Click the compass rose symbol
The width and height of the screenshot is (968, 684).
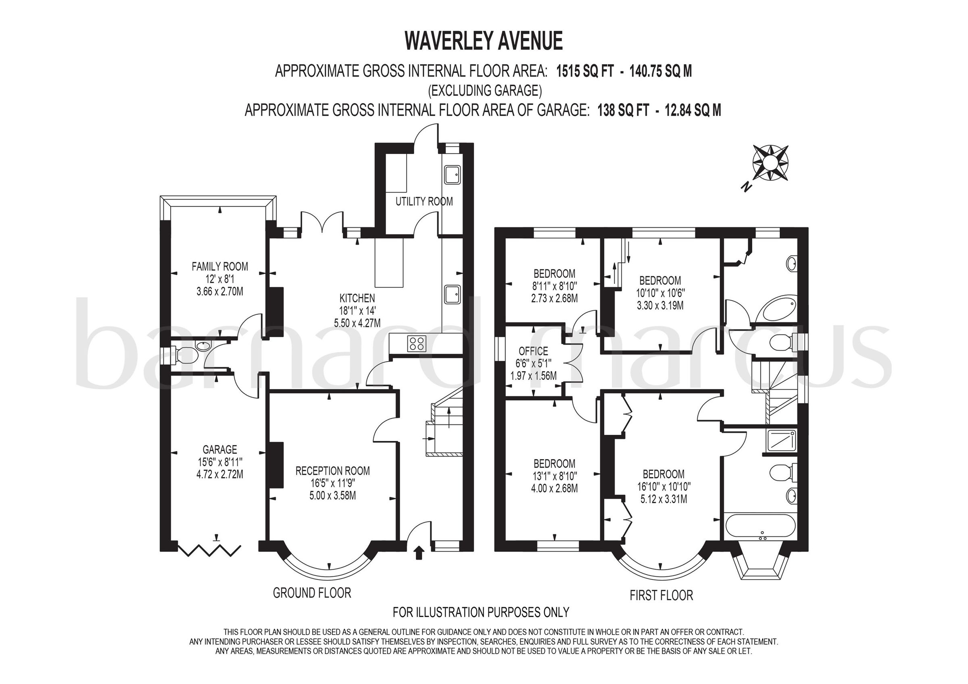pos(770,162)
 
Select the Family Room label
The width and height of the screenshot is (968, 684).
pos(220,266)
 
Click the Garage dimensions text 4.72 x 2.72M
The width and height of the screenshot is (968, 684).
pos(220,474)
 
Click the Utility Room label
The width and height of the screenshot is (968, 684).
pos(424,202)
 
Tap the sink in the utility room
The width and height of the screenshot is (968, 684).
pos(452,175)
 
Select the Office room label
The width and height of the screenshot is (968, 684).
pos(533,351)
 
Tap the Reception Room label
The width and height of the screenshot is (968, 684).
pos(332,471)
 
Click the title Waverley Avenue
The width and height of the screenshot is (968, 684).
pos(484,41)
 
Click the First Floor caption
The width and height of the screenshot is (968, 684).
pos(661,595)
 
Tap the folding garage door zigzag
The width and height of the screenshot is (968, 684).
pos(209,550)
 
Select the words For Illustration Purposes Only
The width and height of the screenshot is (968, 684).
pos(481,612)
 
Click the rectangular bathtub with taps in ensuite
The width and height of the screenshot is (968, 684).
pos(760,527)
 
